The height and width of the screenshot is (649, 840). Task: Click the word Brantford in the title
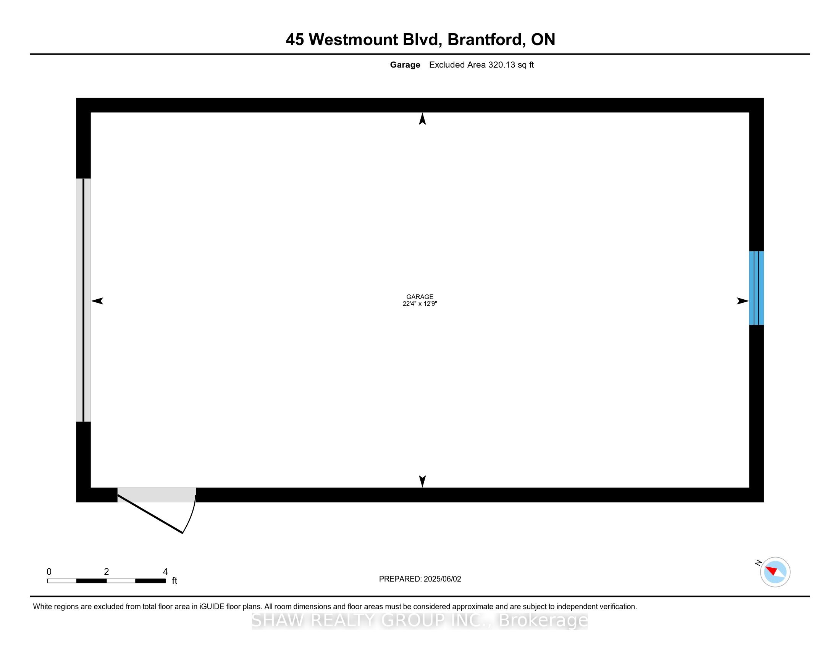pos(486,40)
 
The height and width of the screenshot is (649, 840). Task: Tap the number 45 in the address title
pos(295,40)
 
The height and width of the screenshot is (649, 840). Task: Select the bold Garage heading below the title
pos(405,65)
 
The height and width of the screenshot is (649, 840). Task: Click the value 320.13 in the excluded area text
pos(502,65)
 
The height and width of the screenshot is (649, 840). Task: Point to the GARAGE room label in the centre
pos(420,296)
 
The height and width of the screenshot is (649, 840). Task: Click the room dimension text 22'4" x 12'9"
pos(420,304)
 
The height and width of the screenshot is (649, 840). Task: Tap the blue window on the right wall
pos(756,288)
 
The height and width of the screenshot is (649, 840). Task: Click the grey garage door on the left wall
pos(84,300)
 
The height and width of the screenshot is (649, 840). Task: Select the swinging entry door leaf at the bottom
pos(150,514)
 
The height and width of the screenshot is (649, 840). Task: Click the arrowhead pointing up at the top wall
pos(422,119)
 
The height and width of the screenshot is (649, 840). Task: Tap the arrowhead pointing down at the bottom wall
pos(422,481)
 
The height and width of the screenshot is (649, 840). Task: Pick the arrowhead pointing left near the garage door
pos(97,301)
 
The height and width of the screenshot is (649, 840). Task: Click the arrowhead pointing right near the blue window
pos(743,301)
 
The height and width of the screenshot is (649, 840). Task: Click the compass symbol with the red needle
pos(775,572)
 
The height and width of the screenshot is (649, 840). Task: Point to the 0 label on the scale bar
pos(49,572)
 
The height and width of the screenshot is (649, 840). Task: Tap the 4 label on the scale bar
pos(165,572)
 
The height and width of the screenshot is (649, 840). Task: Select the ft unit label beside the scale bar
pos(174,581)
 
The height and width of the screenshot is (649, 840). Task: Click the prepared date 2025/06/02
pos(442,579)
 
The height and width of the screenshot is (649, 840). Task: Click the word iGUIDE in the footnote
pos(212,607)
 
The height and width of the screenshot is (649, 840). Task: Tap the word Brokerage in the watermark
pos(543,620)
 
